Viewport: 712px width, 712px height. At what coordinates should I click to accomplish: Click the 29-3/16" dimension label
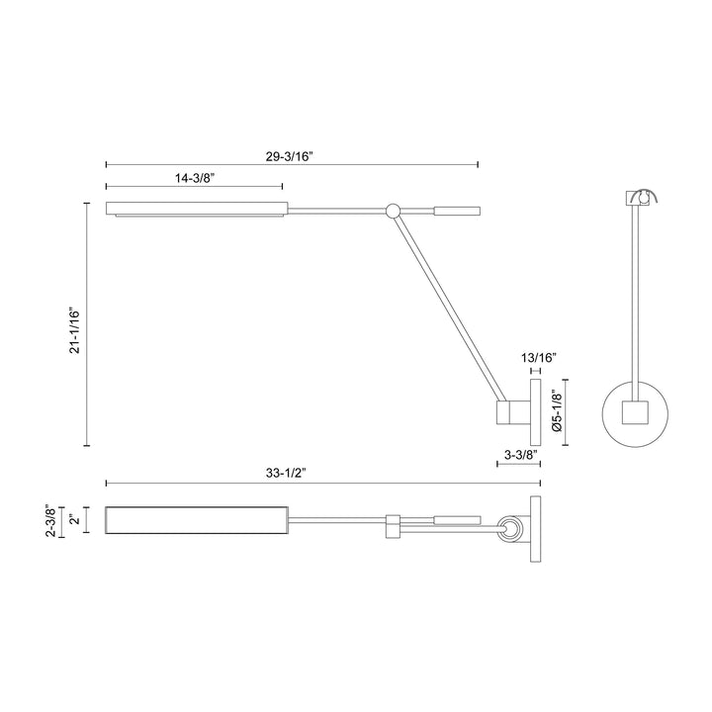292,155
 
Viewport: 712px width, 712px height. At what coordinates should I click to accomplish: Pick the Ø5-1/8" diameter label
557,411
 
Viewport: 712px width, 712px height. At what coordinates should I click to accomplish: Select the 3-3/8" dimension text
518,455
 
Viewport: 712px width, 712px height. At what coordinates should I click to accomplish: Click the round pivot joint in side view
393,210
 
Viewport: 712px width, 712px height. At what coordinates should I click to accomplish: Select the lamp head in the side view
197,209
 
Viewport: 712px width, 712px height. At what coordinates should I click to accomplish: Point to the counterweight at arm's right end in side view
457,210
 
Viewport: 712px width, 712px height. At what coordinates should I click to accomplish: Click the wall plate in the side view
535,411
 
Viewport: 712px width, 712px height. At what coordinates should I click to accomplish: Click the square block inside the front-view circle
633,412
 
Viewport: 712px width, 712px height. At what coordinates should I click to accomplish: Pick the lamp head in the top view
197,520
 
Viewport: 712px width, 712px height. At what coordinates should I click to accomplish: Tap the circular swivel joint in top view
510,530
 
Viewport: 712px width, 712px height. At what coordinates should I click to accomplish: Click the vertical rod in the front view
633,297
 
